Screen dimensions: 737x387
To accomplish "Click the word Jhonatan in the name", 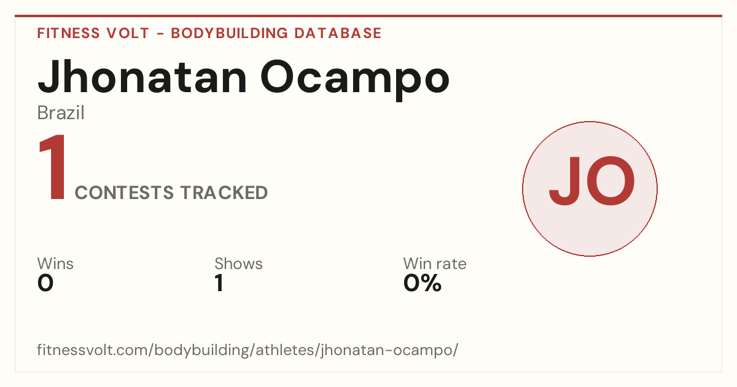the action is click(142, 77).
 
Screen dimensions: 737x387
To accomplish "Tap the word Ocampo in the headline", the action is click(355, 80).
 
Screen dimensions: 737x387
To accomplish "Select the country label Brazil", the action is click(61, 113).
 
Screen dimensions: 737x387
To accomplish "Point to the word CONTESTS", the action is click(124, 192).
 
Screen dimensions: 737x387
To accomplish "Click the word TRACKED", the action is click(224, 192).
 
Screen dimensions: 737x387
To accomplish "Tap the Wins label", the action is click(55, 264).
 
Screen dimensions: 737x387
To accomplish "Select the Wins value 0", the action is click(45, 283).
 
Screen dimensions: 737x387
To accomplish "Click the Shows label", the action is click(238, 264).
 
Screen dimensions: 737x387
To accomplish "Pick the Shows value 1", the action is click(219, 283).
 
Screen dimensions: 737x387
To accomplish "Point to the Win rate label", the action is click(435, 264).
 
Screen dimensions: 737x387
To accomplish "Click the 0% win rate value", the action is click(423, 283).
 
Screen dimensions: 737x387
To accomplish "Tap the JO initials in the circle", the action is click(592, 181).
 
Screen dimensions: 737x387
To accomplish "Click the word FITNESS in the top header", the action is click(68, 33).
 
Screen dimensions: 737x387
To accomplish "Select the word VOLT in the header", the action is click(128, 33).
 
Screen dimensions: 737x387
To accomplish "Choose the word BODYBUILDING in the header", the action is click(229, 33).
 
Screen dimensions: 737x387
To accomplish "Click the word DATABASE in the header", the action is click(338, 33).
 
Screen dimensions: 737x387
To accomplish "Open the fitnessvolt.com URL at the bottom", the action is click(248, 350).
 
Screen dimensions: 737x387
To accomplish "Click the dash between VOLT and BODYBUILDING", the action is click(160, 34).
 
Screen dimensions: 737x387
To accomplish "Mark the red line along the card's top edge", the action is click(368, 16).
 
